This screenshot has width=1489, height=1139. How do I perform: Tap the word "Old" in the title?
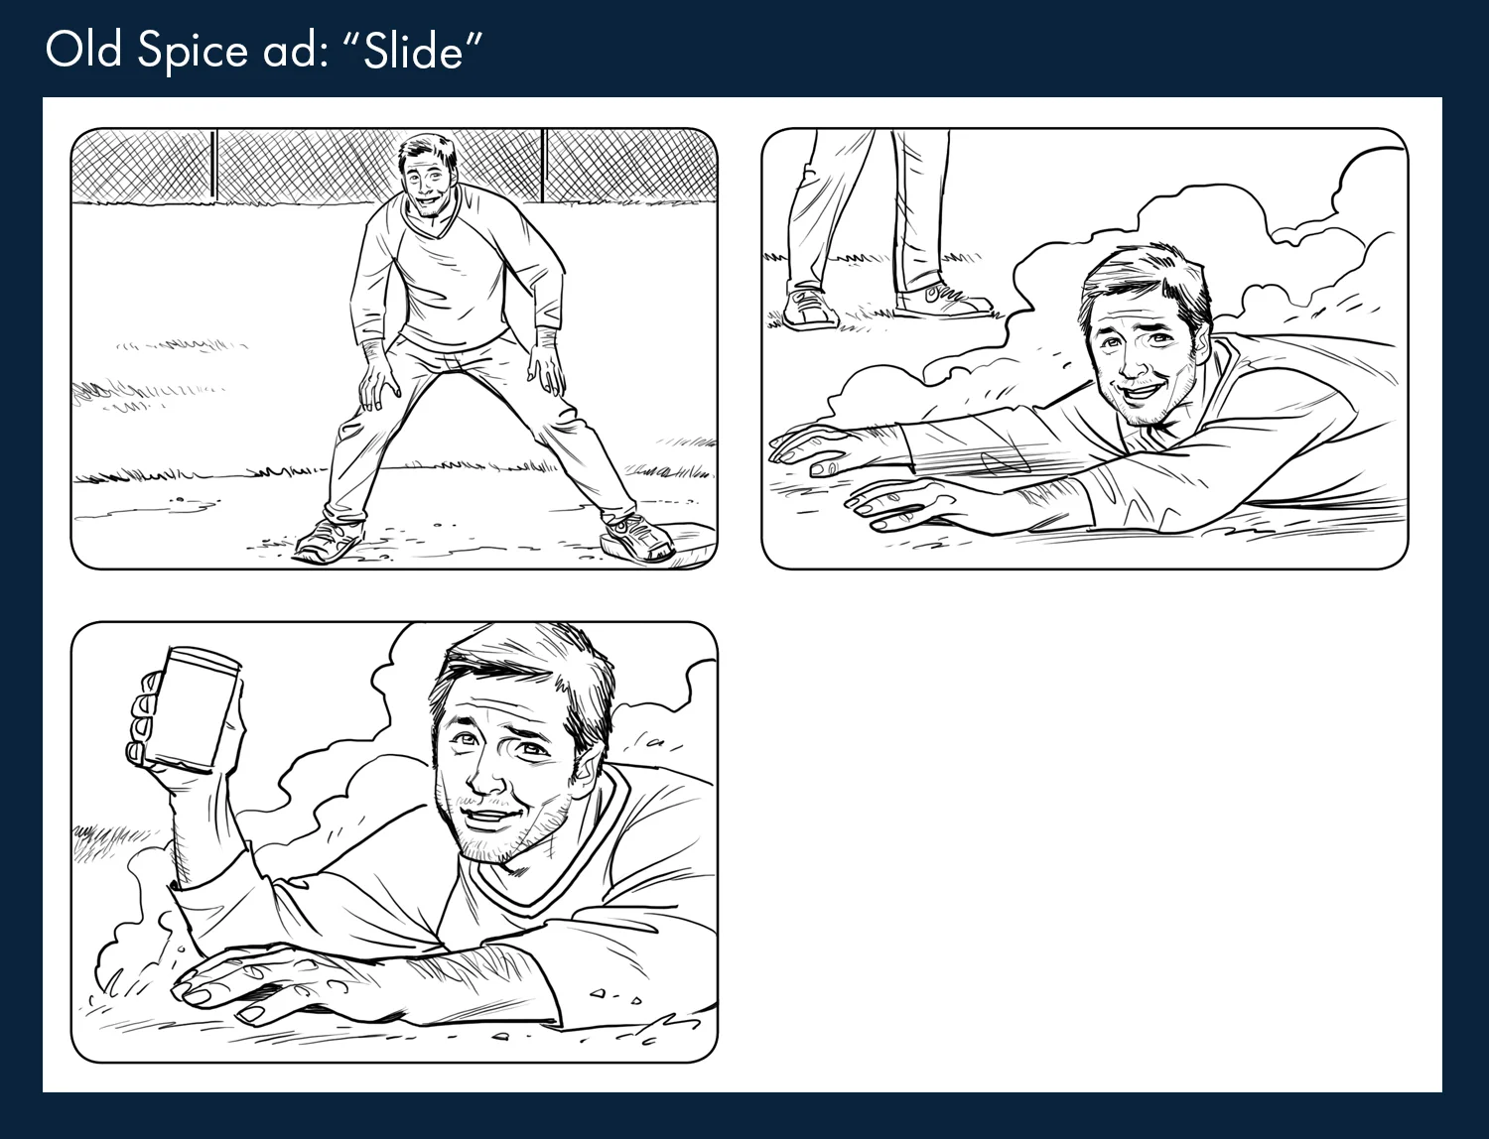(84, 50)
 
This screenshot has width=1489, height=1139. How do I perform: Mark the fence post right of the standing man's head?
(543, 164)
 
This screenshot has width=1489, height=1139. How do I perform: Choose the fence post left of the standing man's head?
(214, 164)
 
